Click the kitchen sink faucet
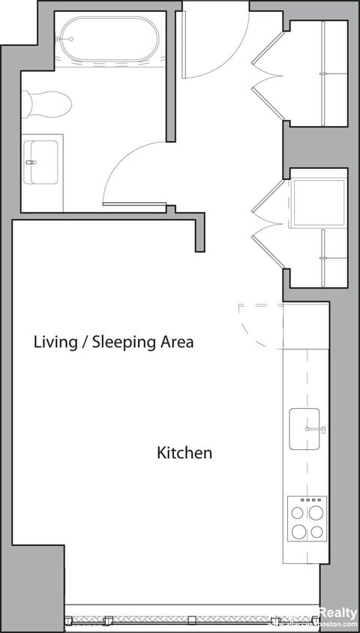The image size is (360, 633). tap(315, 429)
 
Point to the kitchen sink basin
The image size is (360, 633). tap(306, 430)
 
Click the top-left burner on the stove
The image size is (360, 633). tap(298, 514)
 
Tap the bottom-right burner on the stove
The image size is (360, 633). tap(316, 532)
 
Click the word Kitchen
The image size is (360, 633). tap(184, 453)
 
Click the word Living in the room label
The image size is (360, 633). tap(55, 342)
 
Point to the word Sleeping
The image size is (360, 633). tap(124, 342)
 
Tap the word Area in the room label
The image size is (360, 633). tap(176, 342)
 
